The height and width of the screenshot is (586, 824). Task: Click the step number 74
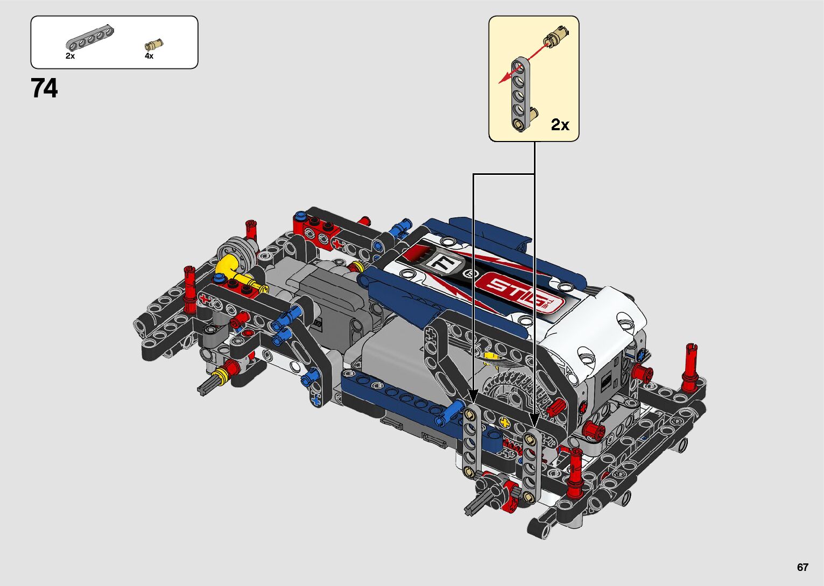(x=44, y=88)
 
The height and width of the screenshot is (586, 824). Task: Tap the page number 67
(x=802, y=567)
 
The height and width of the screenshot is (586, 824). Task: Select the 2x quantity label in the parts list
(x=71, y=56)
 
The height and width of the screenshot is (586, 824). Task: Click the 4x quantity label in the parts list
(x=149, y=56)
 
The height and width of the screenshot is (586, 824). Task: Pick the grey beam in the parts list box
(x=90, y=38)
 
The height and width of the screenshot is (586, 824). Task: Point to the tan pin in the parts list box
(x=154, y=45)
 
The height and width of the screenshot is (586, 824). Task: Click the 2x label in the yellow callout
(x=560, y=125)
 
